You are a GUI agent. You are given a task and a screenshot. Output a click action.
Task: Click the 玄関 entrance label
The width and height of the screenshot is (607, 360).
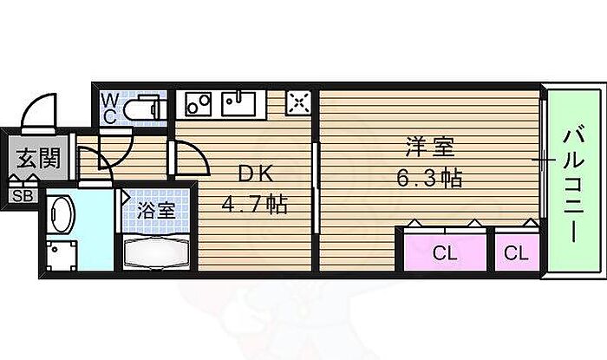[36, 160]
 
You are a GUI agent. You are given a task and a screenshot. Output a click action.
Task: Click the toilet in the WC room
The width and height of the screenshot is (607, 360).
[143, 109]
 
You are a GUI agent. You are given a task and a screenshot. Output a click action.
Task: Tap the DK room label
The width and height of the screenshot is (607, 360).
[252, 174]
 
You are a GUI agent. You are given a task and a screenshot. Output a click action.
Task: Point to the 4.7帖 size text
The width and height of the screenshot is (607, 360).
[253, 206]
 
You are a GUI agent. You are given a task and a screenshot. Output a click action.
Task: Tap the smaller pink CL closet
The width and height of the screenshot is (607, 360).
[517, 252]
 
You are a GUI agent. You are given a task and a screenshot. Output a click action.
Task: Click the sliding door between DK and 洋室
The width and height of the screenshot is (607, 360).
[315, 187]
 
